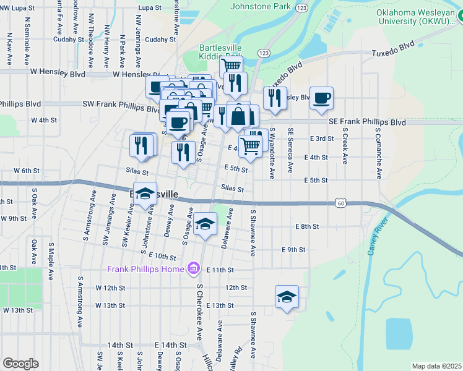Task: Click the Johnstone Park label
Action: click(260, 6)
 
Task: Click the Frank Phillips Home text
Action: click(145, 269)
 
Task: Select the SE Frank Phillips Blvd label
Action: click(366, 122)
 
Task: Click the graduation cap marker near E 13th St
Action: click(287, 297)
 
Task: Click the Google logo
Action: click(21, 364)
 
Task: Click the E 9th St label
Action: click(293, 250)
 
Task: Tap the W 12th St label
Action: click(110, 288)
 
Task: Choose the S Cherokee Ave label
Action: click(200, 312)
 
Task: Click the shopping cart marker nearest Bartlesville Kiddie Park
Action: click(231, 66)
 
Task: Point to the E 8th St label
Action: click(306, 227)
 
